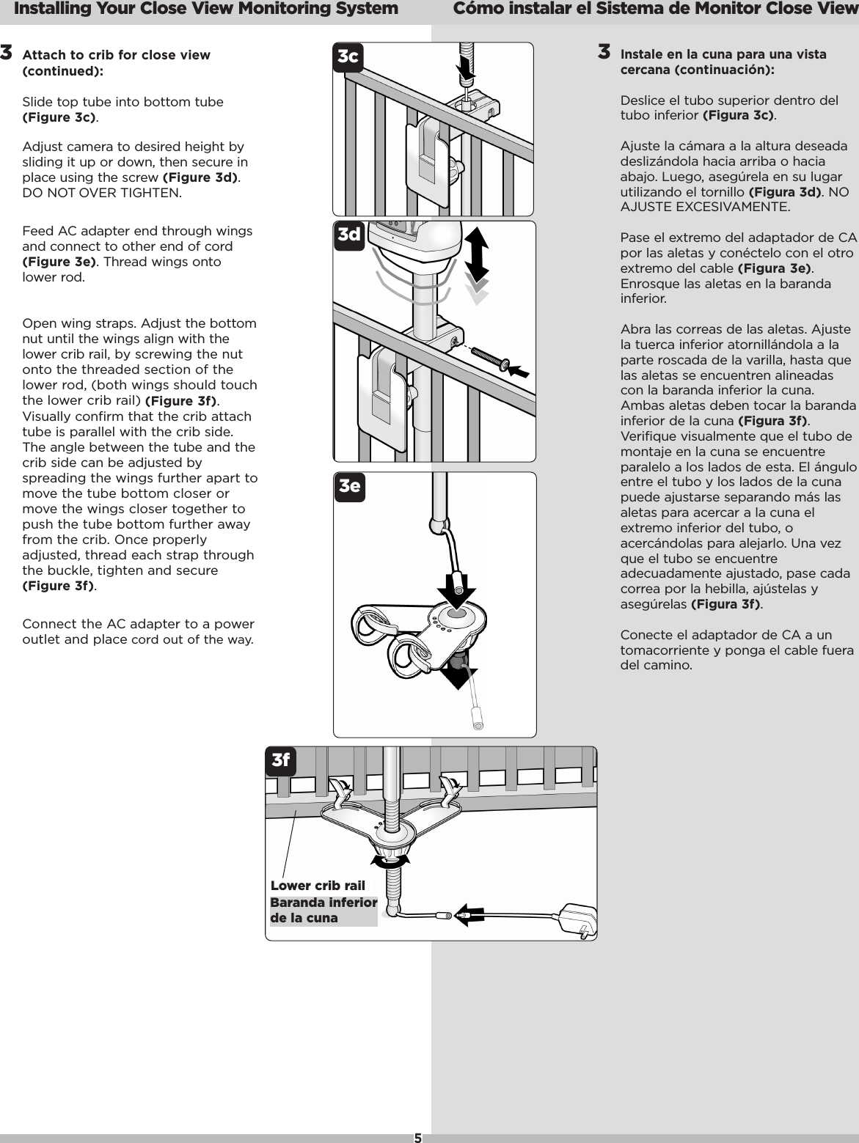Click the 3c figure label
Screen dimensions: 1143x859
[348, 57]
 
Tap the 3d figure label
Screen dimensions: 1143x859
[349, 235]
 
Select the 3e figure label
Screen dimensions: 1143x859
[349, 488]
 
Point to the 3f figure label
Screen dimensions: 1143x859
[281, 760]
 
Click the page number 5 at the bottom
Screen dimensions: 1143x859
[417, 1138]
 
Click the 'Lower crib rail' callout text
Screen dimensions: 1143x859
[318, 886]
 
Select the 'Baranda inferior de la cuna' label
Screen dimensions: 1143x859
[324, 910]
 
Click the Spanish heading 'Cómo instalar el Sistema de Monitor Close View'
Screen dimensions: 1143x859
[656, 10]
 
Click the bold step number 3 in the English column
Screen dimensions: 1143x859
[7, 53]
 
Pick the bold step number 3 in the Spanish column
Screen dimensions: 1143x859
[604, 52]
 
